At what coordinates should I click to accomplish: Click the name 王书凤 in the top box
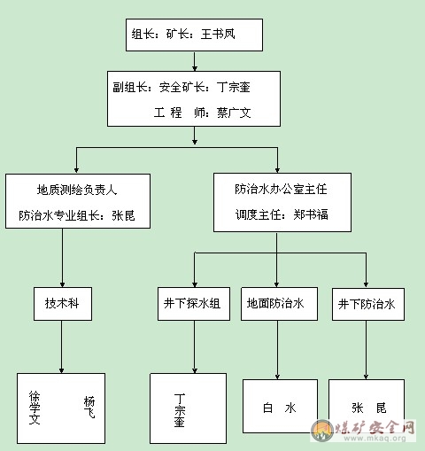coord(218,34)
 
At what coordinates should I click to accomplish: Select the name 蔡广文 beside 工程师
coord(234,113)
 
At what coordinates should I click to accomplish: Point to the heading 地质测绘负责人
coord(77,190)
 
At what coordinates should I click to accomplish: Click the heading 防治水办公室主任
coord(281,189)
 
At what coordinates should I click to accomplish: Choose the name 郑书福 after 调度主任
coord(311,214)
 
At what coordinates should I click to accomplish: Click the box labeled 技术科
coord(63,304)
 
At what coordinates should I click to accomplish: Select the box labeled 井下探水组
coord(194,304)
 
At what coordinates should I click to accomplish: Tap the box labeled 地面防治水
coord(279,304)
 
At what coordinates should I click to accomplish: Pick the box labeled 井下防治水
coord(368,304)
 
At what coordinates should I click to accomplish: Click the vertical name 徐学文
coord(35,408)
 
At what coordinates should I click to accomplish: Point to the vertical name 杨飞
coord(89,408)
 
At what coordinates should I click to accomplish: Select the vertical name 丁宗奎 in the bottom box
coord(180,410)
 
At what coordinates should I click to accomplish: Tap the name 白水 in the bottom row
coord(279,408)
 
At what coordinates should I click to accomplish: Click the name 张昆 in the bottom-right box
coord(369,408)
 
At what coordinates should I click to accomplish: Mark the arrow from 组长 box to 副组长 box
coord(195,61)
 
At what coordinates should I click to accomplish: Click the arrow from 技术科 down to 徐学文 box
coord(61,346)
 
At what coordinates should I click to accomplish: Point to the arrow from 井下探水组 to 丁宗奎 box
coord(195,346)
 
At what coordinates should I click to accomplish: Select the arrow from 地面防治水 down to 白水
coord(277,350)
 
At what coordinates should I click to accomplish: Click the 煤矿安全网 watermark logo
coord(364,431)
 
